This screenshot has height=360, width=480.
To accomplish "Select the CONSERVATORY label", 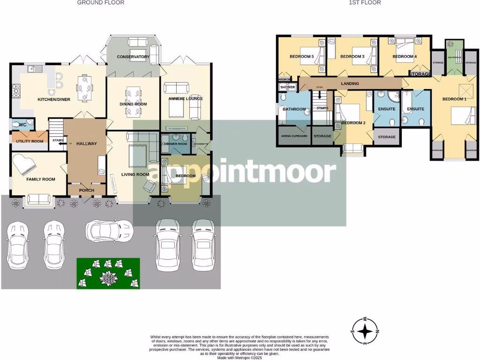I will point(133,57).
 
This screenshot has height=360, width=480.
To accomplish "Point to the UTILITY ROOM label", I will point(30,141).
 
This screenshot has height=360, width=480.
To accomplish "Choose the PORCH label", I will point(86,190).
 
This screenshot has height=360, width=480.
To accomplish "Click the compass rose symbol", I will point(365,331).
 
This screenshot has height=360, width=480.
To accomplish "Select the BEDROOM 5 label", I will point(301,57).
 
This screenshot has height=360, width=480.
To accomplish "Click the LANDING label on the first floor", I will point(350,84).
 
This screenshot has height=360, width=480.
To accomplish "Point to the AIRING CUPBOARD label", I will point(294,136).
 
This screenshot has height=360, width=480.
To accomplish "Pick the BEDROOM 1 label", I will point(455,99).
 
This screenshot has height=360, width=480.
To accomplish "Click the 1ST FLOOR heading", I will point(365,3).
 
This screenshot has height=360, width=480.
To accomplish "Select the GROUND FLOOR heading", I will point(101,3).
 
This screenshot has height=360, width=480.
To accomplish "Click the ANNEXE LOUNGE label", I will point(186,99).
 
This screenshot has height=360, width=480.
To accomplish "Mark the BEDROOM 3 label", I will point(352,57).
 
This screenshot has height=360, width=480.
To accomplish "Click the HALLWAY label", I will point(86,143).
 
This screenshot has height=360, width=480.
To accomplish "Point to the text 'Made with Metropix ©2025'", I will point(240,357).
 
